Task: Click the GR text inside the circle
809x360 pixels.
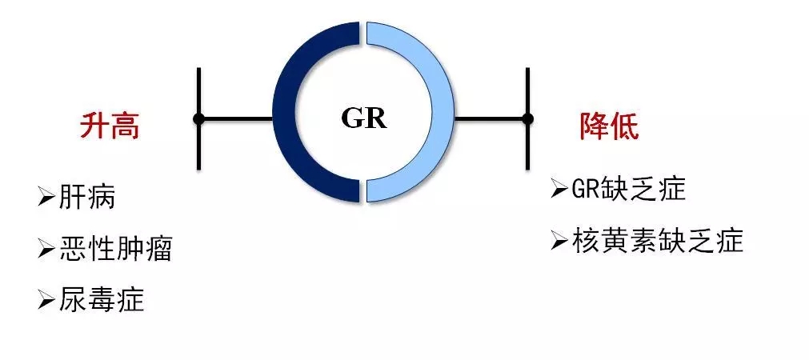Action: [364, 118]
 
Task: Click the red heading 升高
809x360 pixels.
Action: [110, 126]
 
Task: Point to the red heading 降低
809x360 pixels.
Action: [609, 126]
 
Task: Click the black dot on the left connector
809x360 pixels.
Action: [199, 119]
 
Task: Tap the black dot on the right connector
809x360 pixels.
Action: [527, 119]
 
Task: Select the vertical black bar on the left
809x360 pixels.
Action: [199, 118]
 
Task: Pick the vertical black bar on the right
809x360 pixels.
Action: [527, 118]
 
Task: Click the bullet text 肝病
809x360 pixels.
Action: [87, 198]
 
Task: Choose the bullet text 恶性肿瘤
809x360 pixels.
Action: [115, 249]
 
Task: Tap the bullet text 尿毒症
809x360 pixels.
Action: [101, 300]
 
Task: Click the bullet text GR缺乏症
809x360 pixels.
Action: [629, 190]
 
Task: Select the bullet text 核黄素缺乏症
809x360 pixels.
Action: [658, 240]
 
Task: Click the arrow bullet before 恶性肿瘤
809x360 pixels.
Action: [46, 249]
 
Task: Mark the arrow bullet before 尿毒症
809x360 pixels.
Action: [46, 300]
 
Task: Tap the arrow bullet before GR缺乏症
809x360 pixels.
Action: [560, 190]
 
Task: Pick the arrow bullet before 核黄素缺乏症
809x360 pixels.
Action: [560, 241]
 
